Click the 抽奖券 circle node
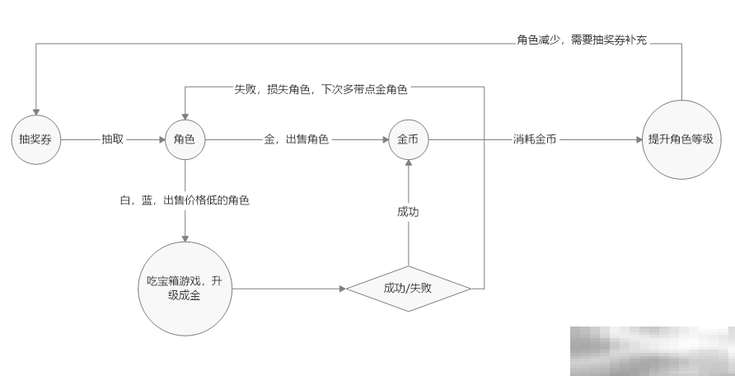click(x=35, y=139)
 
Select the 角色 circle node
click(x=185, y=139)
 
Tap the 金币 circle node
click(x=408, y=139)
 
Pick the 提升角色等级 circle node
click(x=681, y=139)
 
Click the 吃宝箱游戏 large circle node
click(x=185, y=289)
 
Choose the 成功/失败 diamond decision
click(x=408, y=289)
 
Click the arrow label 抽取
click(x=113, y=139)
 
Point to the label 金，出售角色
click(x=297, y=139)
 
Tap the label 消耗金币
click(x=534, y=139)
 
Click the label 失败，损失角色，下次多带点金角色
click(x=321, y=87)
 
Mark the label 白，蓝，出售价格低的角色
click(x=185, y=200)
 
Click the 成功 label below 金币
click(x=408, y=212)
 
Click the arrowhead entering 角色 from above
click(x=185, y=115)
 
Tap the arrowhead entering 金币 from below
click(x=408, y=163)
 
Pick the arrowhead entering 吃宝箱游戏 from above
click(x=185, y=238)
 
